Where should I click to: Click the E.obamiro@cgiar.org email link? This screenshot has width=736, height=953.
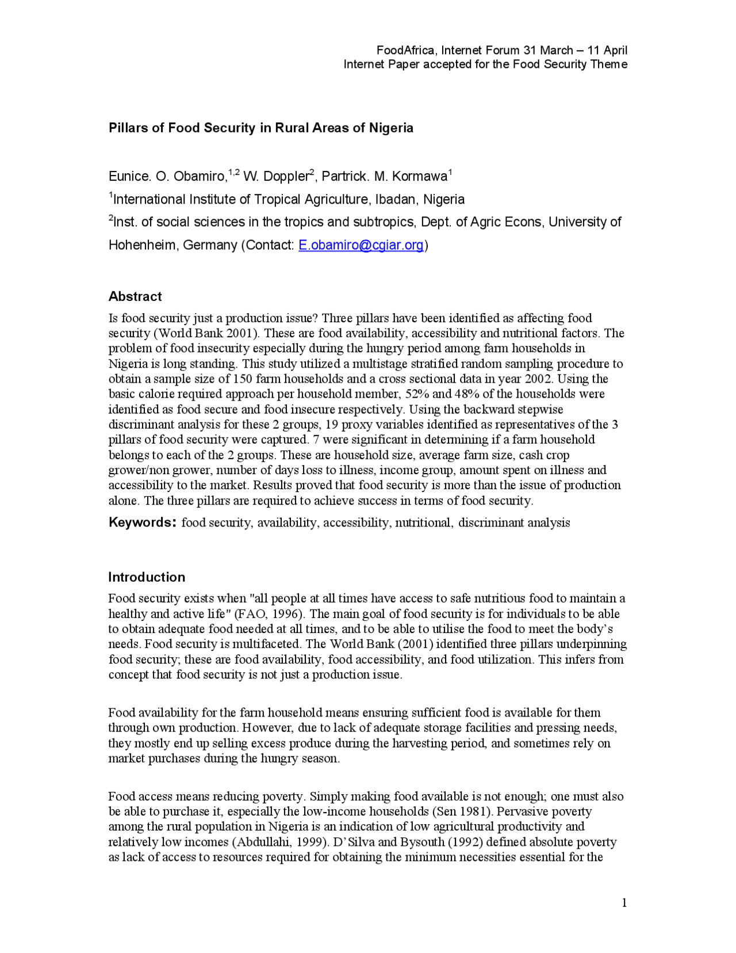click(x=361, y=245)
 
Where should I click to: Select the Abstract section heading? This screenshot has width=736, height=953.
click(x=135, y=296)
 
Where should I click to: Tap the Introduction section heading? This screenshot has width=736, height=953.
click(x=147, y=577)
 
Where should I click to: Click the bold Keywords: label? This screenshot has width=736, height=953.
click(x=141, y=523)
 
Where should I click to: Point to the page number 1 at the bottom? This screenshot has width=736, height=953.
click(x=624, y=902)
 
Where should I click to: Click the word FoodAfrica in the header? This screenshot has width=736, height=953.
click(x=407, y=51)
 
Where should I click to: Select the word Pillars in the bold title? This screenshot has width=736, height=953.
click(x=128, y=128)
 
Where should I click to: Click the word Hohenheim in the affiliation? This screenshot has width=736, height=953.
click(x=143, y=245)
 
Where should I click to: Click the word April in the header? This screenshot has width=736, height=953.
click(x=615, y=51)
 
